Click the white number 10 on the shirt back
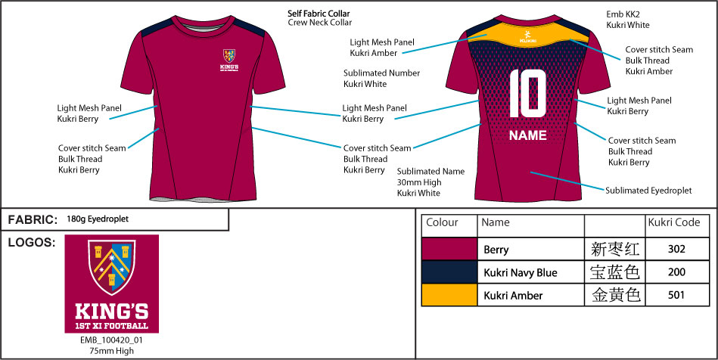pos(527,94)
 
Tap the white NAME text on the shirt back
pos(527,135)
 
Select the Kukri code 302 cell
pos(676,249)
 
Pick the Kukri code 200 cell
pos(676,272)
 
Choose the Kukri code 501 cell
pos(676,295)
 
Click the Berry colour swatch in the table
pos(449,249)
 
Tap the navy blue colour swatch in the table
pos(449,272)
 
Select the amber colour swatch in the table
pos(449,295)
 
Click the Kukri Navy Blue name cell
pos(521,273)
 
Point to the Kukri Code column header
pos(674,222)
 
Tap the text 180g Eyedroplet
pos(98,219)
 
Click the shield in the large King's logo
pos(111,266)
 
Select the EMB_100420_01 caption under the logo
pos(112,341)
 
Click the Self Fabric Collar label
pos(319,14)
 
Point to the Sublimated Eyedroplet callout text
pos(648,191)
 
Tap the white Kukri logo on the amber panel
pos(528,36)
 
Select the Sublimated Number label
pos(382,73)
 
